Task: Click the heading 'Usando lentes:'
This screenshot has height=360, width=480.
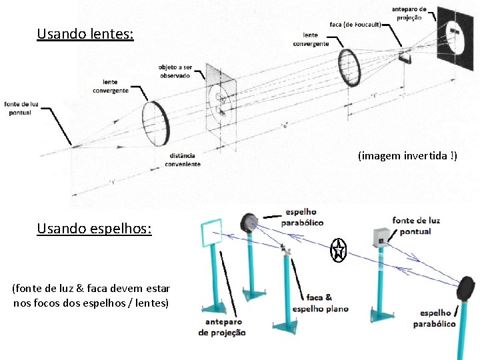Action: pos(85,33)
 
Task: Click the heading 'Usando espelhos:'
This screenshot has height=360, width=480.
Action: pos(94,229)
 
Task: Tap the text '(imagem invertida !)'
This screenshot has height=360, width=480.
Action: pos(407,156)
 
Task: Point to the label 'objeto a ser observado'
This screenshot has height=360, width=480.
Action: pos(174,71)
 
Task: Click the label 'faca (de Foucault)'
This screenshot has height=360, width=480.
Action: pos(355,25)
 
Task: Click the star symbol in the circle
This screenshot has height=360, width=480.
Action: pos(339,251)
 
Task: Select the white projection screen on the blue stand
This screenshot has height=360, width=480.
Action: pos(213,233)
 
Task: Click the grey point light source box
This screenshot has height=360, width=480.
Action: pos(381,235)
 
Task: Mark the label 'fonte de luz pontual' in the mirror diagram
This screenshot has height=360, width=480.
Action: pos(416,225)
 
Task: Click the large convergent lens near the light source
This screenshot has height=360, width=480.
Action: pos(157,123)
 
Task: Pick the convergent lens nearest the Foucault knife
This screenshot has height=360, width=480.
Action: pos(350,67)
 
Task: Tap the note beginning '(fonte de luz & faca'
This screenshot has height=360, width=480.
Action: pos(91,295)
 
